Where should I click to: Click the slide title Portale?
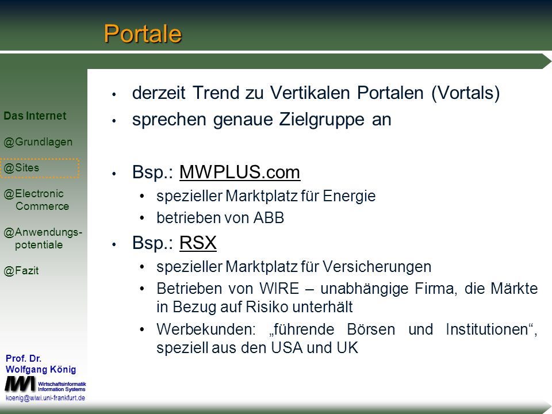coord(143,34)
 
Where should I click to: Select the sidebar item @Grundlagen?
coord(38,142)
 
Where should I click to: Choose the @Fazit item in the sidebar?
coord(21,271)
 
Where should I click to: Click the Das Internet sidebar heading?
coord(35,116)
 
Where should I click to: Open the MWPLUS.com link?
coord(240,172)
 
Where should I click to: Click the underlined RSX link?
coord(198,243)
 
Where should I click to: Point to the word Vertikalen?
coord(310,93)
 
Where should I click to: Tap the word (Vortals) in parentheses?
coord(465,93)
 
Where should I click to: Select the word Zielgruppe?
coord(322,120)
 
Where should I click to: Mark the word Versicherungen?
coord(377,267)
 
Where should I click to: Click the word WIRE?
coord(279,289)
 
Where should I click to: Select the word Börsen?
coord(371,329)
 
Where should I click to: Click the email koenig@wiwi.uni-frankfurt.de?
coord(45,398)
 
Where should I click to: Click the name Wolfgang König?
coord(41,369)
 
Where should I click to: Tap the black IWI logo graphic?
coord(21,384)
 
